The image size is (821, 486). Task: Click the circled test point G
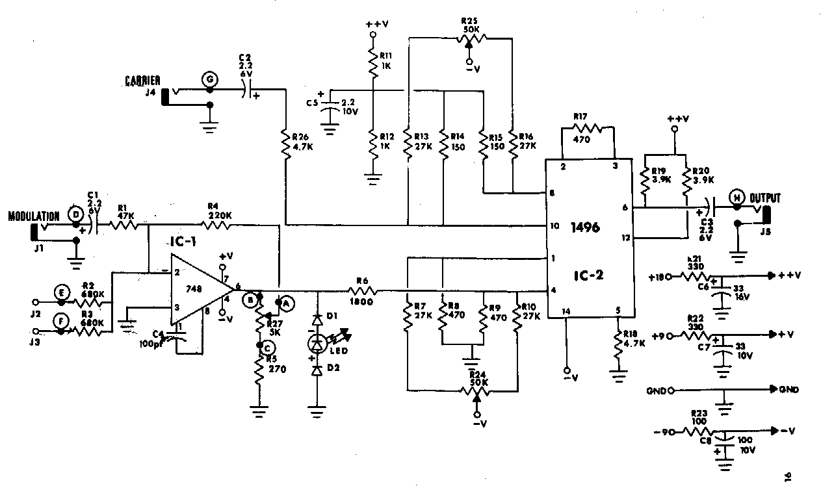pos(209,79)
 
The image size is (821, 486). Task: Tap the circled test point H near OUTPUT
pos(736,198)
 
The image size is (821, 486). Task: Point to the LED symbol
pos(318,342)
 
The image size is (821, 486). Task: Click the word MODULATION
pos(34,216)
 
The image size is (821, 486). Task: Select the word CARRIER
pos(143,81)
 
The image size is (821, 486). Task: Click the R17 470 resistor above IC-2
pos(589,128)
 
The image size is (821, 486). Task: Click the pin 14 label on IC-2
pos(566,311)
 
